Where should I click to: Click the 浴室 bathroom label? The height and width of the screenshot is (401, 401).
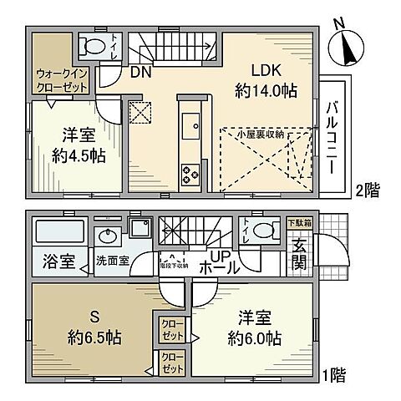(x=54, y=262)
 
